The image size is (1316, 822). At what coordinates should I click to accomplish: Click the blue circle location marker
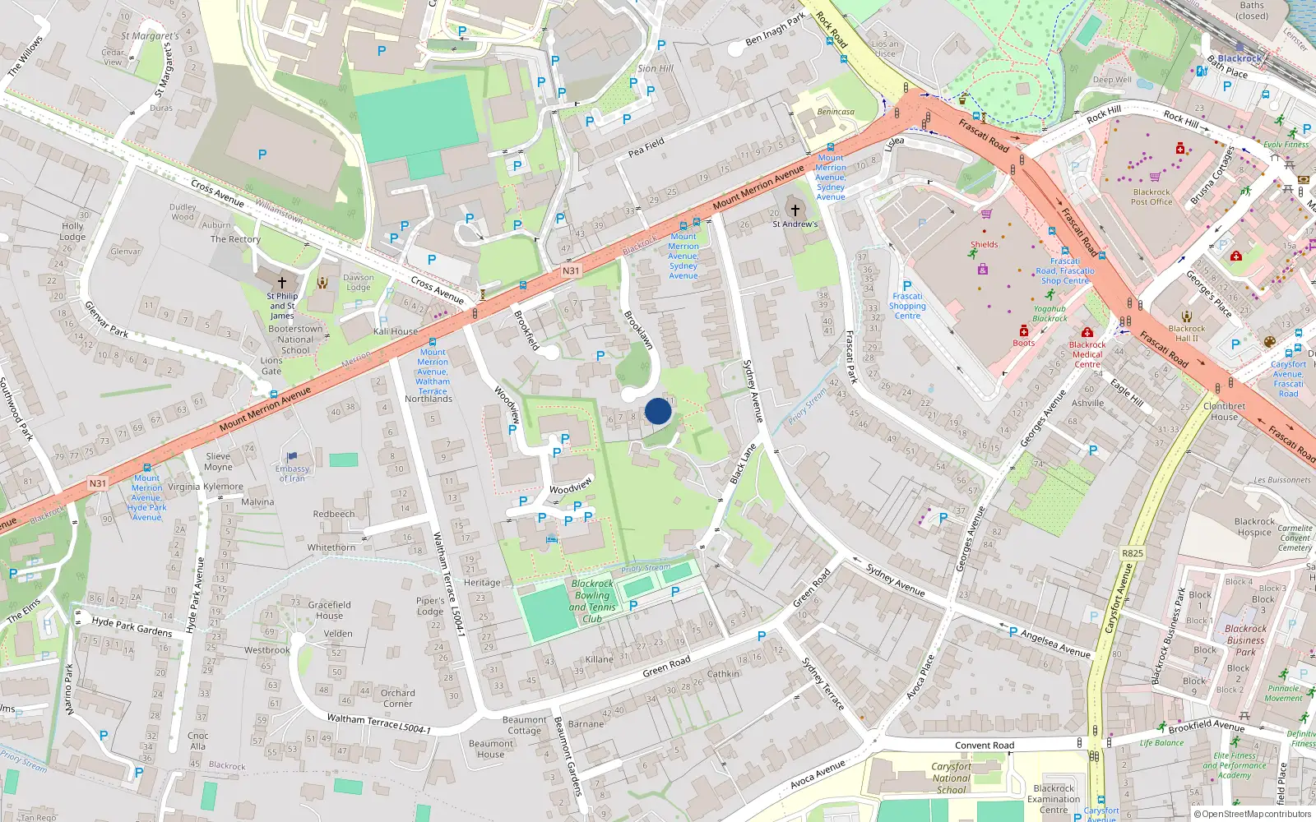point(658,411)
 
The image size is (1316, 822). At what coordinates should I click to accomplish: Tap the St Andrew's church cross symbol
point(795,210)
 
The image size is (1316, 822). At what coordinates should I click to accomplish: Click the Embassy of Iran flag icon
point(292,456)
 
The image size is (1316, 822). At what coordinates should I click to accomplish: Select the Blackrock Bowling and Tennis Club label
point(592,601)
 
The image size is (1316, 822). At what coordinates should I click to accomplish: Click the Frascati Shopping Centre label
point(907,306)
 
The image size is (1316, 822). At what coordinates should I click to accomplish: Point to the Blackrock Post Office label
point(1151,196)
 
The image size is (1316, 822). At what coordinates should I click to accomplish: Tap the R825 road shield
point(1133,553)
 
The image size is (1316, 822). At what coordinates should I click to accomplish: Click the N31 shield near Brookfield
point(571,270)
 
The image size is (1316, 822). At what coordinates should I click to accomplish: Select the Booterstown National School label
point(295,339)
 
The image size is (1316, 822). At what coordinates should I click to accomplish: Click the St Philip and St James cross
point(281,282)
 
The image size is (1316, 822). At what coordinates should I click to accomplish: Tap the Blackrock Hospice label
point(1254,527)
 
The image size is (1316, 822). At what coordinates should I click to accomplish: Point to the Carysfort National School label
point(952,778)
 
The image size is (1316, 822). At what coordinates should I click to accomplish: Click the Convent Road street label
point(985,746)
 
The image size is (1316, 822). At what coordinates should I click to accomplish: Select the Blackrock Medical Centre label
point(1087,354)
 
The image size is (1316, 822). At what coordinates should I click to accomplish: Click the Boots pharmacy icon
point(1024,330)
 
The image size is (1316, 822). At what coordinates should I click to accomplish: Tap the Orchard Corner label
point(397,698)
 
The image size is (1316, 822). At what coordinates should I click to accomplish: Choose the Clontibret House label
point(1224,411)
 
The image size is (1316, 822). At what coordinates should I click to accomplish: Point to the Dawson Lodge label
point(359,282)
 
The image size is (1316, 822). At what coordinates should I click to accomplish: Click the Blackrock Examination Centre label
point(1054,799)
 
